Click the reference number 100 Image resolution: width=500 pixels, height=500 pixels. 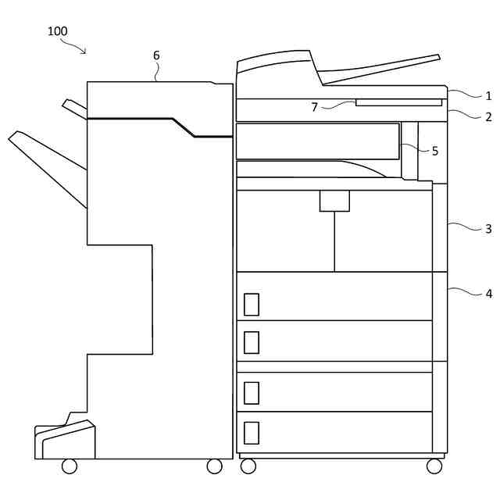pyautogui.click(x=57, y=31)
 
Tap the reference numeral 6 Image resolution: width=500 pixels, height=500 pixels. pyautogui.click(x=156, y=55)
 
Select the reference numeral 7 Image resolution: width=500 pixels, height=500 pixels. pyautogui.click(x=315, y=107)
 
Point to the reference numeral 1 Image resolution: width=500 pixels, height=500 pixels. pyautogui.click(x=488, y=96)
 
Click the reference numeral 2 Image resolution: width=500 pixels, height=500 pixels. pyautogui.click(x=488, y=117)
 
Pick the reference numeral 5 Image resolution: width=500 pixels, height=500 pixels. pyautogui.click(x=435, y=151)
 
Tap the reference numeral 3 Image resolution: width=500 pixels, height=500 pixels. pyautogui.click(x=488, y=229)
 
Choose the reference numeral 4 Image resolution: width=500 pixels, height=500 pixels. pyautogui.click(x=488, y=294)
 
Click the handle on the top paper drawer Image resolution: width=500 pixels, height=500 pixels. pyautogui.click(x=251, y=304)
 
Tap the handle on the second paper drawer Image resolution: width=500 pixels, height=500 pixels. pyautogui.click(x=251, y=342)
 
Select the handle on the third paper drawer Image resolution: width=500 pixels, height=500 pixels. pyautogui.click(x=251, y=392)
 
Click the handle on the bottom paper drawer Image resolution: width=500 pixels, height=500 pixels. pyautogui.click(x=251, y=433)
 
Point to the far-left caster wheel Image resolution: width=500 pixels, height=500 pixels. pyautogui.click(x=70, y=466)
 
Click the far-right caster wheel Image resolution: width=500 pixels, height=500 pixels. pyautogui.click(x=434, y=466)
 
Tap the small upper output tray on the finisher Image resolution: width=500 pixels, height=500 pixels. pyautogui.click(x=74, y=109)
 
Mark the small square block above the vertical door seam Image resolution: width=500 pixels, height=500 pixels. pyautogui.click(x=334, y=201)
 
